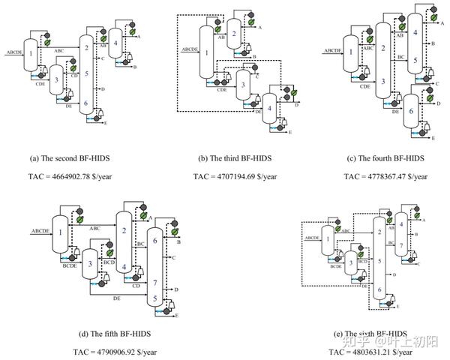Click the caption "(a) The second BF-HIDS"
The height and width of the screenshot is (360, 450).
[78, 158]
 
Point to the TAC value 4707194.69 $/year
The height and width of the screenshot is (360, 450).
[235, 177]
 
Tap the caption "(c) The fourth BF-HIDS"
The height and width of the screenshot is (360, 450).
[385, 158]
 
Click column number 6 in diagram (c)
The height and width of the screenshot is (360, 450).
[411, 110]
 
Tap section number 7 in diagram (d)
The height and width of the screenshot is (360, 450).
[154, 283]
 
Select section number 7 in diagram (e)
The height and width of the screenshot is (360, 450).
[402, 245]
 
